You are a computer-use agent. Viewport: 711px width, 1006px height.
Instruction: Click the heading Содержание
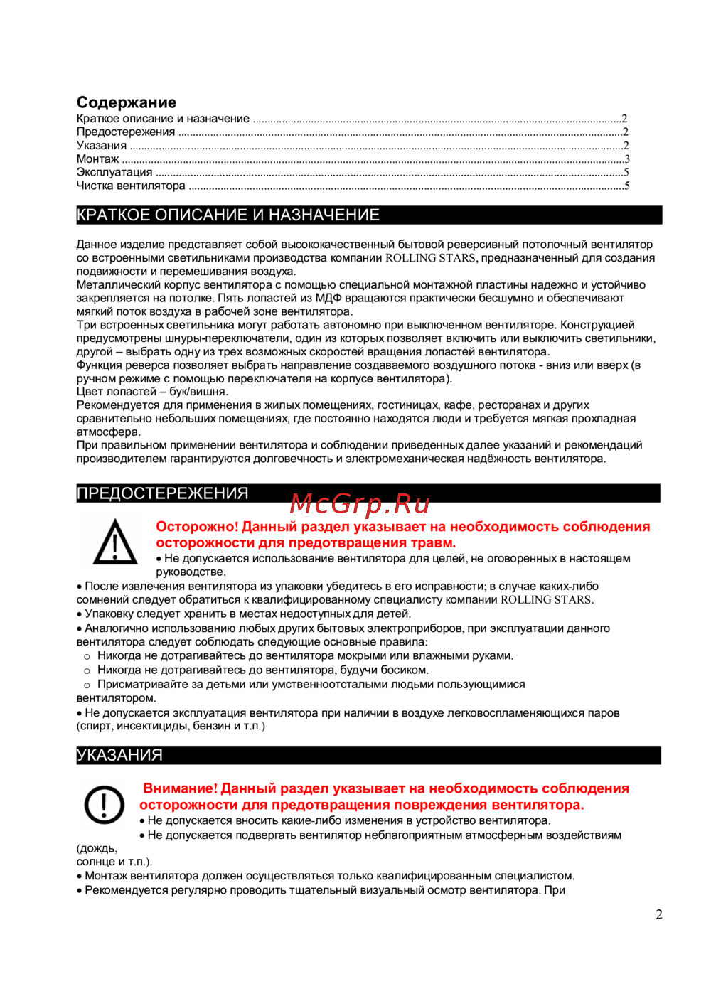(x=127, y=102)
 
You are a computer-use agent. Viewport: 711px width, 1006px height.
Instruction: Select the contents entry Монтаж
(x=97, y=159)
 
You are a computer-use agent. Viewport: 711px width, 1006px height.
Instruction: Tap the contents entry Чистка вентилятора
(x=131, y=186)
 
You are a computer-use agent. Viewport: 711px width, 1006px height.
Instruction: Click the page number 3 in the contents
(x=627, y=159)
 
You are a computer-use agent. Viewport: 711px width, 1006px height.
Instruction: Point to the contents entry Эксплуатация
(x=114, y=172)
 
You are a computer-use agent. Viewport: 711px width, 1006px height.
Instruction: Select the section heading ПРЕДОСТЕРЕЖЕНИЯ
(x=162, y=493)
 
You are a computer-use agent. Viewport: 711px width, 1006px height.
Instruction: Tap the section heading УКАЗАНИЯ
(x=119, y=755)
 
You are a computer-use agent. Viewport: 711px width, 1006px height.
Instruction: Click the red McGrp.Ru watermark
(x=360, y=504)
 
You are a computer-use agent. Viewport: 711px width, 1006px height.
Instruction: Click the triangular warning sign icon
(x=115, y=542)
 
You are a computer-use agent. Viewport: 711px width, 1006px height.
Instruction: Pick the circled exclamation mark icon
(x=105, y=804)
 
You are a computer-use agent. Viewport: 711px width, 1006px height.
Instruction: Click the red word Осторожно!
(x=197, y=527)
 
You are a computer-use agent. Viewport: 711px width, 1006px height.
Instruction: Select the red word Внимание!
(x=180, y=788)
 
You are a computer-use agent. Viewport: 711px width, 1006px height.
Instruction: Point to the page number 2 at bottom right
(x=659, y=914)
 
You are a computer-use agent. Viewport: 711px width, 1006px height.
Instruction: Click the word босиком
(x=405, y=670)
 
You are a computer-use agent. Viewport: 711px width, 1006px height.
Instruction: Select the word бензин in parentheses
(x=213, y=726)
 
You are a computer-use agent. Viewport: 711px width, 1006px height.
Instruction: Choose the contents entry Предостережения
(x=126, y=132)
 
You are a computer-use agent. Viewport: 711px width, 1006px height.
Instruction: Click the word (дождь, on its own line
(x=97, y=848)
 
